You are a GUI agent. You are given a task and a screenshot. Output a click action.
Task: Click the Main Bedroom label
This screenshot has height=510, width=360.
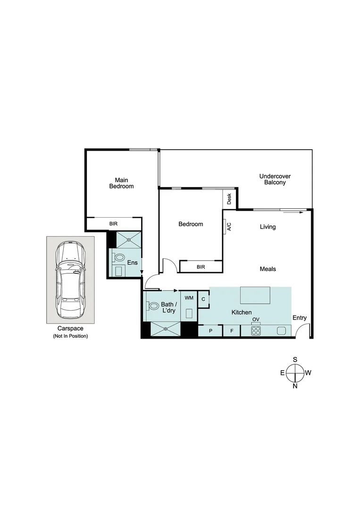tap(121, 183)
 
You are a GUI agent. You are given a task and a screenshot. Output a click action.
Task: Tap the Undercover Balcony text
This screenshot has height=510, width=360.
tap(275, 179)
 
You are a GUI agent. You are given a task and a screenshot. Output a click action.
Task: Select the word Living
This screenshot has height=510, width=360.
tap(268, 227)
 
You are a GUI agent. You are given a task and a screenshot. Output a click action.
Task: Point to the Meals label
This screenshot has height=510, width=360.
tap(268, 269)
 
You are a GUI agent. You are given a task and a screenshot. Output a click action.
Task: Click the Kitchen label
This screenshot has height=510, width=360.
tap(241, 313)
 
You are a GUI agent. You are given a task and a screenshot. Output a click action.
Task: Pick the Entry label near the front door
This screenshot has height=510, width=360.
tap(300, 318)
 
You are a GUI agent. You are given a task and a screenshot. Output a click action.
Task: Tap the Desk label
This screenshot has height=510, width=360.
tap(229, 198)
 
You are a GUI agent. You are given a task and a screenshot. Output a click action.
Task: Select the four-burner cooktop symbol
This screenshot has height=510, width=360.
tap(256, 331)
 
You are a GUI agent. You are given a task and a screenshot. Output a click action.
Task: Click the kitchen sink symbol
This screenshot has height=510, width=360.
tap(282, 331)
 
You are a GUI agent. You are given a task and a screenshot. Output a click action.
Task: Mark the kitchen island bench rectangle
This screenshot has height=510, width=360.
tap(255, 296)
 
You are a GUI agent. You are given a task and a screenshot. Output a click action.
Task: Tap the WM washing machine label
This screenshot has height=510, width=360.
tap(189, 298)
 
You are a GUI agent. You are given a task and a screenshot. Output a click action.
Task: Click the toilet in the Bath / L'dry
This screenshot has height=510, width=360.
tap(152, 306)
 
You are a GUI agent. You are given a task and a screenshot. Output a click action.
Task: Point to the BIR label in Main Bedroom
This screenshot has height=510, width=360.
tap(113, 224)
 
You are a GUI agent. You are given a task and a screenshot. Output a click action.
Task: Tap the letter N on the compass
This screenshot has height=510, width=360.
tap(295, 386)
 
